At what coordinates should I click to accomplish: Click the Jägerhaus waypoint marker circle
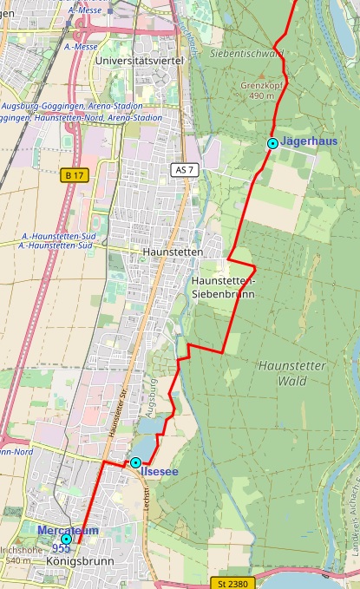(x=272, y=143)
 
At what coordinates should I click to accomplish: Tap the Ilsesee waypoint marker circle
(x=135, y=462)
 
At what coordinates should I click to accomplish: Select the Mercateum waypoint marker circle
(x=66, y=539)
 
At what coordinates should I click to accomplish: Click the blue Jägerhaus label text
(x=310, y=142)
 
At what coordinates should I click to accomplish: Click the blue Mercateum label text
(x=68, y=530)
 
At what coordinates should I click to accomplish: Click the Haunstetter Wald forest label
(x=291, y=373)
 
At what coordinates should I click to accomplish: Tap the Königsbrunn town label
(x=80, y=562)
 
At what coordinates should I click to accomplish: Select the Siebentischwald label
(x=246, y=53)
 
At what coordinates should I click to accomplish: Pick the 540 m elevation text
(x=17, y=561)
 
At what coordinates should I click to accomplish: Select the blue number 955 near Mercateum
(x=61, y=548)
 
